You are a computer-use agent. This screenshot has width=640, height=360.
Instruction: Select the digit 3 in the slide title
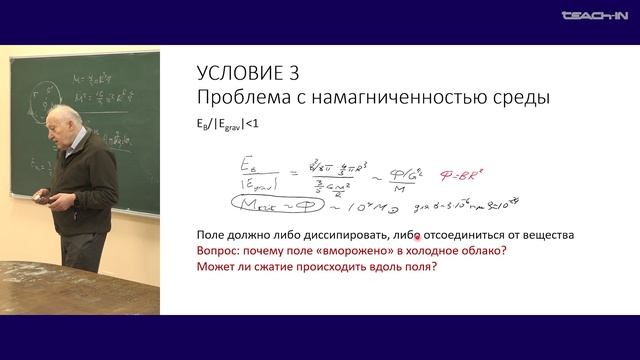(x=291, y=74)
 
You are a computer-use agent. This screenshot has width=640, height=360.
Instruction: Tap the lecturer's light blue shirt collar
(x=80, y=146)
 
